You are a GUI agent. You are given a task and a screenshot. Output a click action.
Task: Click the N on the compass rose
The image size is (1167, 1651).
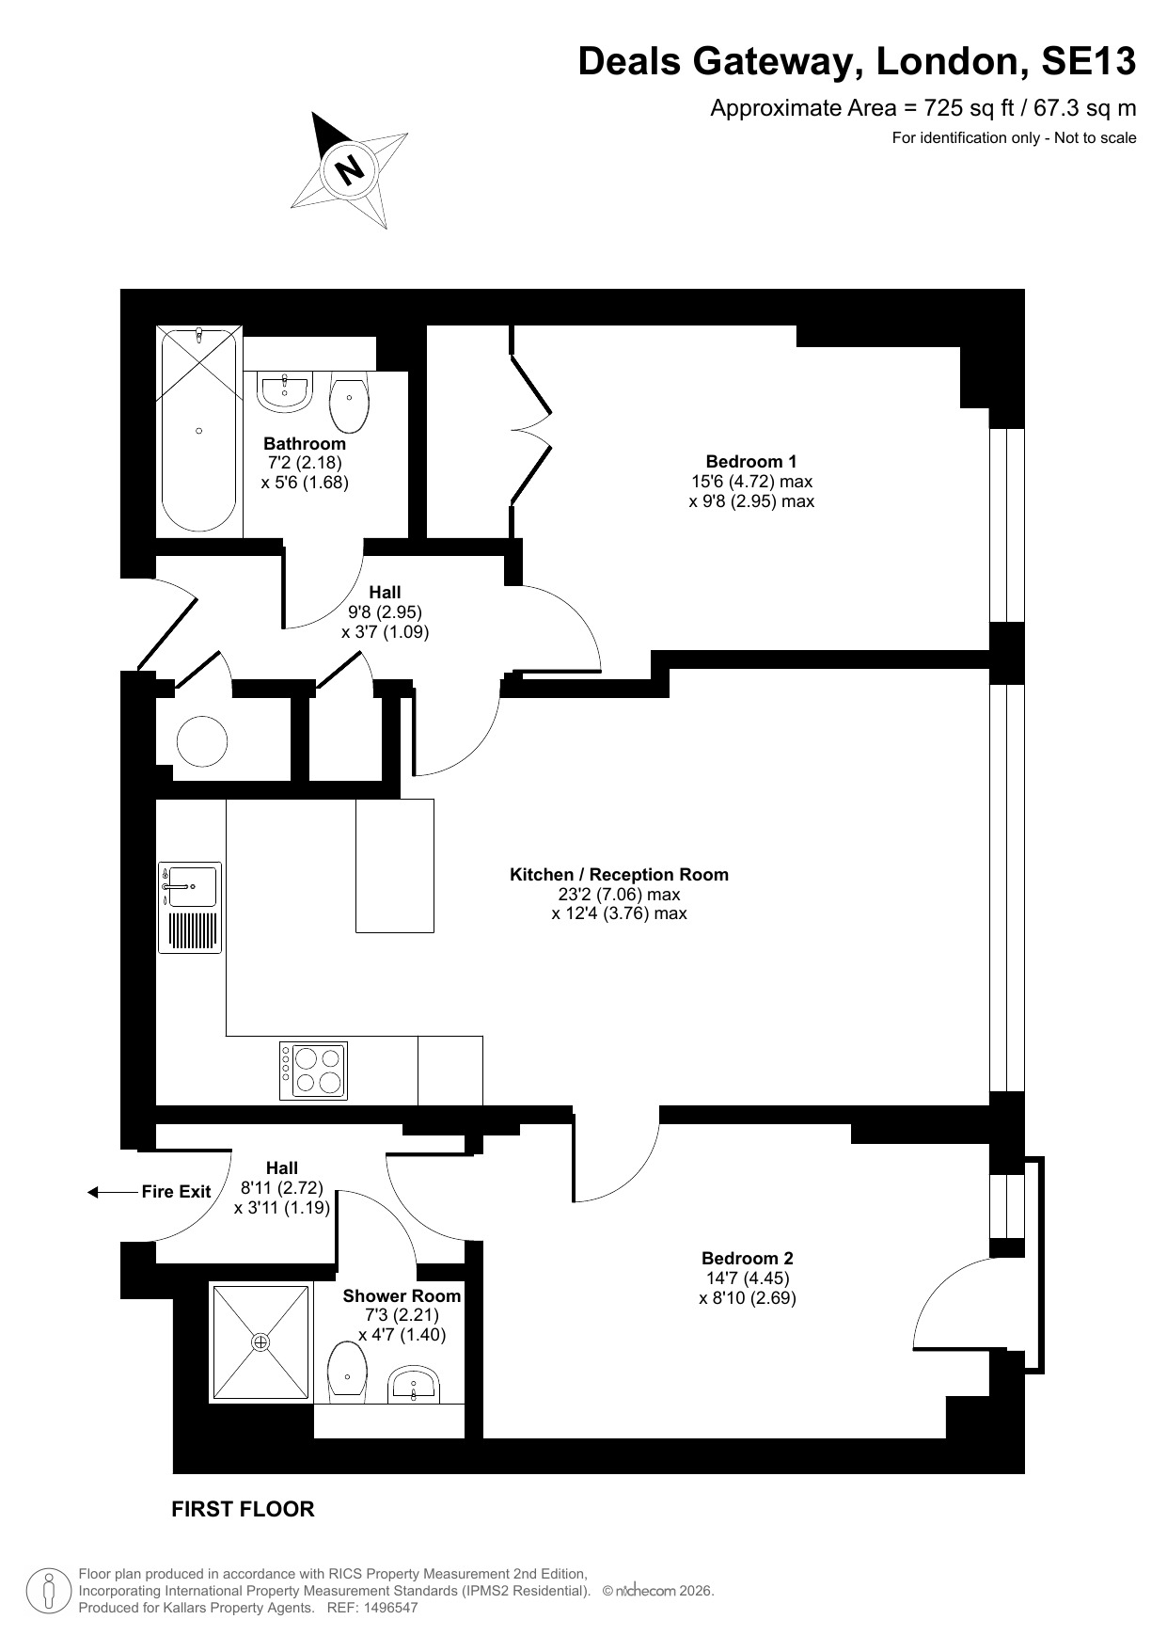point(350,169)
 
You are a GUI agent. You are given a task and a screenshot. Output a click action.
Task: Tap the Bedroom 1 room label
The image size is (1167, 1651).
point(751,461)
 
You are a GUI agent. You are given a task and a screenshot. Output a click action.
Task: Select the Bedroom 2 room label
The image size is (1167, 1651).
point(748,1258)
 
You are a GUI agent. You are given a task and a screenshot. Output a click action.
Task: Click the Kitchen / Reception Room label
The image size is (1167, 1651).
point(619,874)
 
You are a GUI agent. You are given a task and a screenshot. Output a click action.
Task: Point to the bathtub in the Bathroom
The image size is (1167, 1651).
point(198,431)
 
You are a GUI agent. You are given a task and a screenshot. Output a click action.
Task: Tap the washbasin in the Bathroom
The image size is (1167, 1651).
point(284,392)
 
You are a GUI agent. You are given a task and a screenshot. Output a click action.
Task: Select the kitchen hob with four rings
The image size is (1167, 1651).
point(313,1071)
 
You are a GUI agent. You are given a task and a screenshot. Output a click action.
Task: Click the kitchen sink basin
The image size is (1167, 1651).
point(190,885)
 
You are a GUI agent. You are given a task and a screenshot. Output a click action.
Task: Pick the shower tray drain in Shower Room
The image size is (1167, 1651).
point(260,1341)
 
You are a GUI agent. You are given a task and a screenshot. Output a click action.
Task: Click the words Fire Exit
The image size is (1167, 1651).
point(176,1192)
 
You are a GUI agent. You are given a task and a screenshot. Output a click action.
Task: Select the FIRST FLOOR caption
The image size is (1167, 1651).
point(243,1509)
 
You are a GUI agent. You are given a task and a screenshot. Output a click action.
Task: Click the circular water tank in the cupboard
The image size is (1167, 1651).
point(202,741)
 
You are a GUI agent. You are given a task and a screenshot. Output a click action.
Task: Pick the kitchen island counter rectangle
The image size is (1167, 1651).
point(395,865)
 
